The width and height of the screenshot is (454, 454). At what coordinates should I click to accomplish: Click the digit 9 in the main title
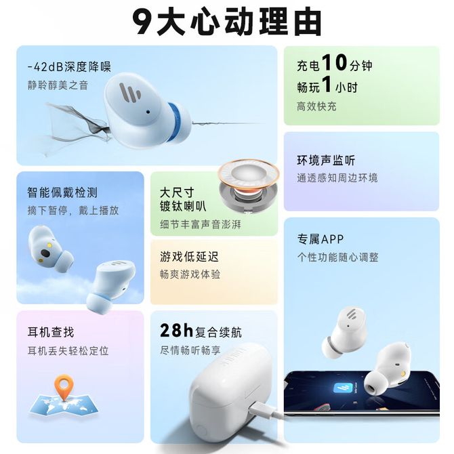144,22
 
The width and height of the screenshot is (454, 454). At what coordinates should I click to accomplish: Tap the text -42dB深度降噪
69,67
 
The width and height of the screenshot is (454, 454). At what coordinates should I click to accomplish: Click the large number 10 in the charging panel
335,62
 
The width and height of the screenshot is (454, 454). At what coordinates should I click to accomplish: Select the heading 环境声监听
326,160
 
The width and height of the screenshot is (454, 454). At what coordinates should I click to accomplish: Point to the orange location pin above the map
64,387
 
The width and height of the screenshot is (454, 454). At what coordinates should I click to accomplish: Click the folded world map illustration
64,404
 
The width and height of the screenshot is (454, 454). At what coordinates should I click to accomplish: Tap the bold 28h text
176,331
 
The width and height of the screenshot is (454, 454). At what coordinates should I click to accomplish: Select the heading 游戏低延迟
189,257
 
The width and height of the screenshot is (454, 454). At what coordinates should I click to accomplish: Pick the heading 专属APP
321,239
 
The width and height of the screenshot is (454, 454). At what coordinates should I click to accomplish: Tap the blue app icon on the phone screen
343,388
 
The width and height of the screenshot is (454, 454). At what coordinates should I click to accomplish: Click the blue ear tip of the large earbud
175,121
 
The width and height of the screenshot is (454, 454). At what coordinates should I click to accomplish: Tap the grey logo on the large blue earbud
129,93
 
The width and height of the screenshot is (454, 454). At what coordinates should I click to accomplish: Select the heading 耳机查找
51,332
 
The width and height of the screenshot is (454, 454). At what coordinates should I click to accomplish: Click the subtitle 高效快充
316,106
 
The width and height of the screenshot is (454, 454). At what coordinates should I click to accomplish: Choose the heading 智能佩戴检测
62,192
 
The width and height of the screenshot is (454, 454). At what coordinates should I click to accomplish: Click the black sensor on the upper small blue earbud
45,253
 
